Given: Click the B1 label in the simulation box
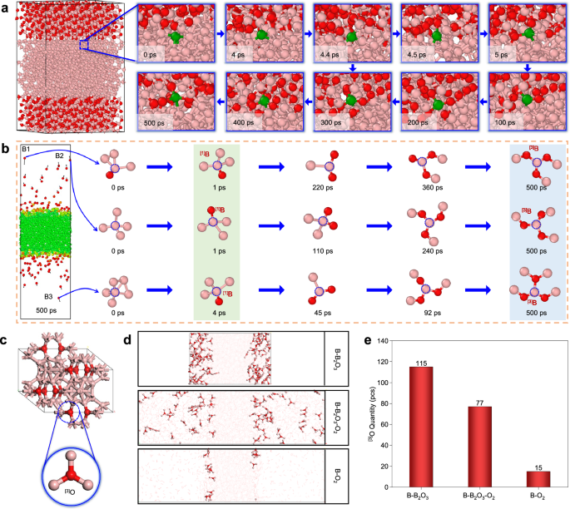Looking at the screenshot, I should [27, 150].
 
